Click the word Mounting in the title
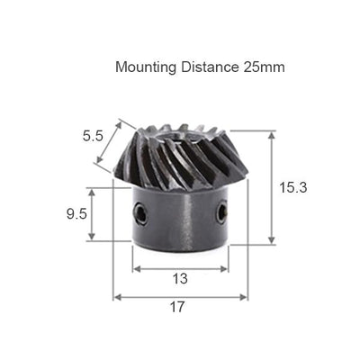(146, 67)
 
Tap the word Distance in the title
(209, 67)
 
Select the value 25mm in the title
(264, 67)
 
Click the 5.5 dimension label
(93, 137)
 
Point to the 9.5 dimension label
(76, 214)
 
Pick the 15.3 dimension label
(293, 188)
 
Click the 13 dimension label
(180, 279)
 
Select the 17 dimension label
(177, 307)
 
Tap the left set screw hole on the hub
(140, 213)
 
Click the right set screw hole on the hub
(222, 211)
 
